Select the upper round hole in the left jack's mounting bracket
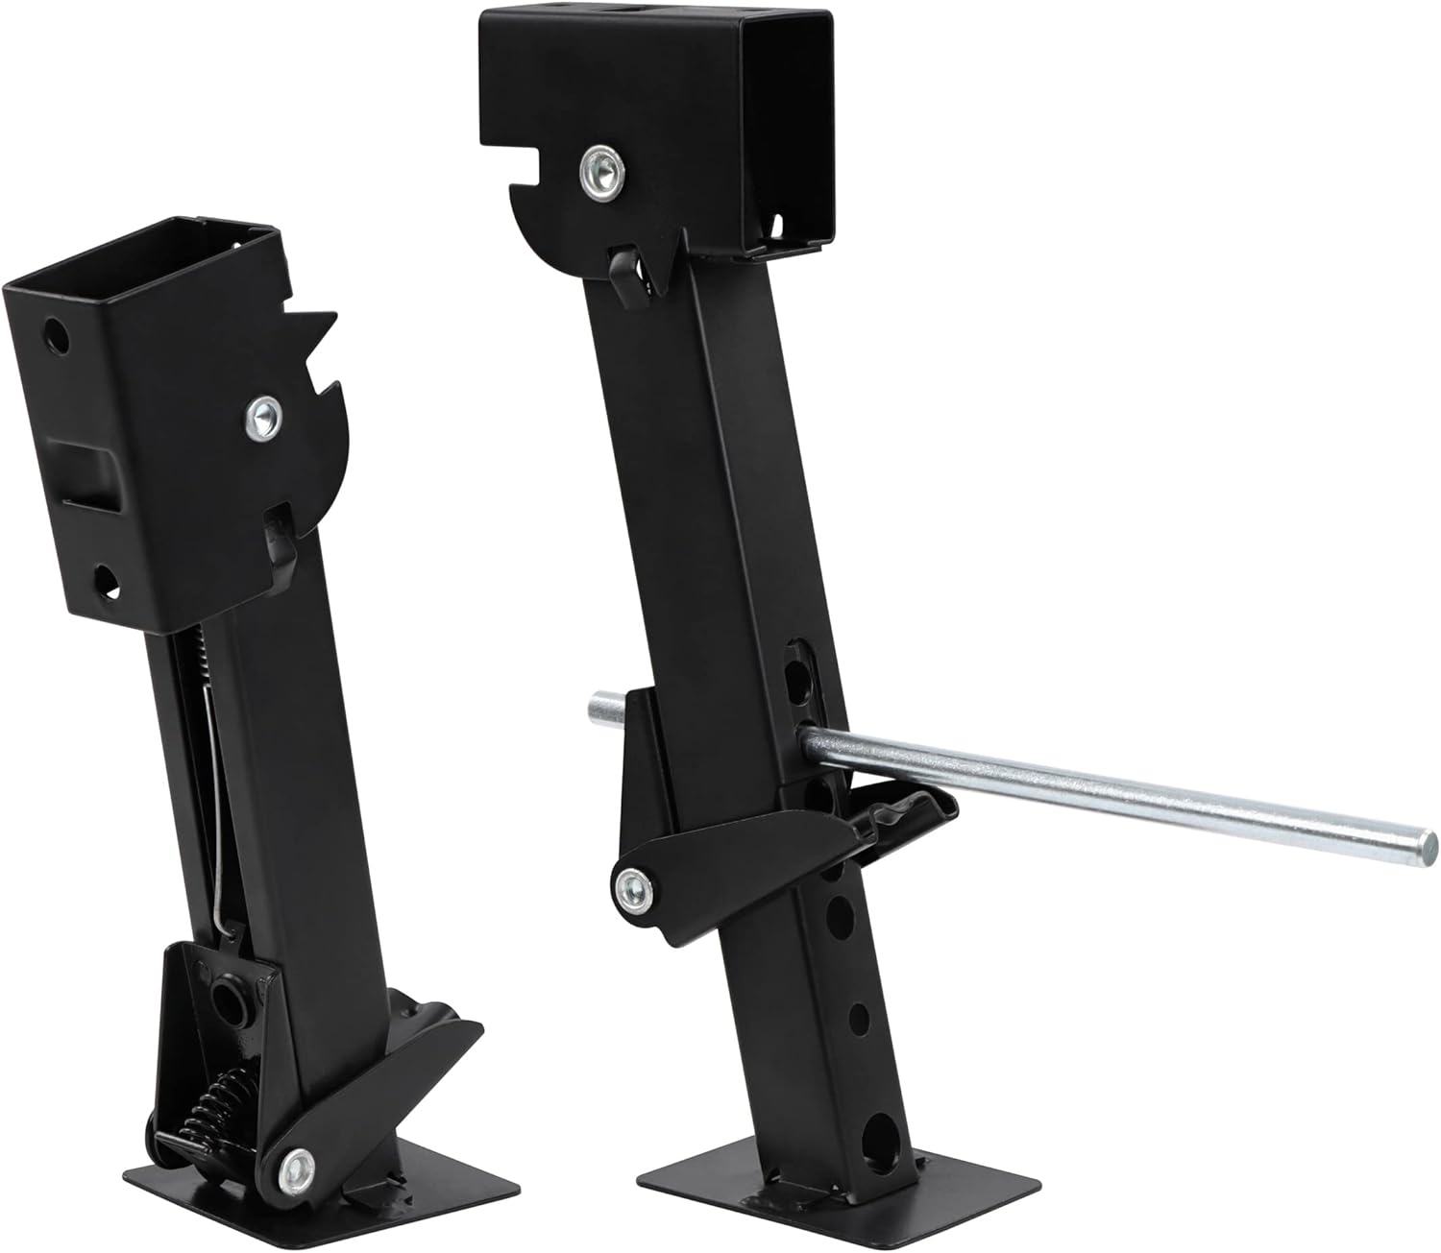click(57, 335)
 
